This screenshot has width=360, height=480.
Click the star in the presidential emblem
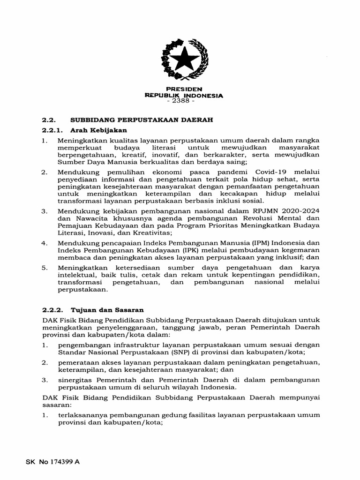coord(184,60)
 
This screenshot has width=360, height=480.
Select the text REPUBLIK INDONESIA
coord(184,96)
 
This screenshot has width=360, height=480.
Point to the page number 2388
coord(184,102)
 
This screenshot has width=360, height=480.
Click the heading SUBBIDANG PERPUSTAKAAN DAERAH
coord(142,120)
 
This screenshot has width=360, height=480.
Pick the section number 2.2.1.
coord(52,130)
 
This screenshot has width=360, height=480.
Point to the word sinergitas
coord(77,380)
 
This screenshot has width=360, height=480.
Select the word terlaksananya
coord(80,416)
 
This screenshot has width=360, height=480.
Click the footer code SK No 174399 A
coord(52,462)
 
